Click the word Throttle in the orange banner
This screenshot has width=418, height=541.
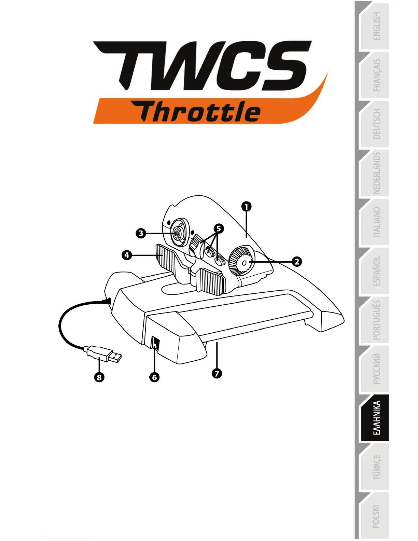click(x=200, y=112)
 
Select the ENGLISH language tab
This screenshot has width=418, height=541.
click(x=376, y=26)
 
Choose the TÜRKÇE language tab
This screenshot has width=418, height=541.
click(x=376, y=467)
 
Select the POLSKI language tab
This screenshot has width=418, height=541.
click(x=376, y=516)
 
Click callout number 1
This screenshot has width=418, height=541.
click(x=246, y=206)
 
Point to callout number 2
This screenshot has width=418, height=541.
click(x=297, y=262)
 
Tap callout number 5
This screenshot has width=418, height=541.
click(x=219, y=228)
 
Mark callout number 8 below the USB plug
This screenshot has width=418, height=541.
click(x=99, y=377)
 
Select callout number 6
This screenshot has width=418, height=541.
click(x=154, y=377)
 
